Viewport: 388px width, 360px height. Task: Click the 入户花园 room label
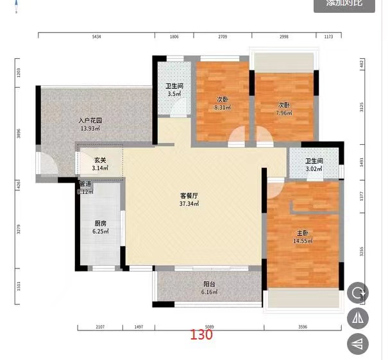click(x=90, y=120)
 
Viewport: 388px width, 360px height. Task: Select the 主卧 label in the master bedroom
click(x=302, y=233)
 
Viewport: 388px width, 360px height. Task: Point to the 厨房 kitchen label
click(x=100, y=223)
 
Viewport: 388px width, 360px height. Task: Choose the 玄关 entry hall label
click(x=100, y=160)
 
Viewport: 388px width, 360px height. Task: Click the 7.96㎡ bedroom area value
click(x=283, y=113)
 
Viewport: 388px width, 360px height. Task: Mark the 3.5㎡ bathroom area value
click(x=173, y=95)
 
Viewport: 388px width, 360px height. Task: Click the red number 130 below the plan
click(x=201, y=334)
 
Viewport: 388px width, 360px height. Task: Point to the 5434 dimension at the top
click(x=96, y=37)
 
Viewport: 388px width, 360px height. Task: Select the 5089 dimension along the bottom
click(x=209, y=327)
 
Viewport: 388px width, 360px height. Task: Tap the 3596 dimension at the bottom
click(x=303, y=327)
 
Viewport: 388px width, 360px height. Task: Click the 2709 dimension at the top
click(x=223, y=37)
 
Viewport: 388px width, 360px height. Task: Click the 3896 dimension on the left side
click(x=19, y=135)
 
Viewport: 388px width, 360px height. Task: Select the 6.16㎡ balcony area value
click(x=209, y=293)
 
